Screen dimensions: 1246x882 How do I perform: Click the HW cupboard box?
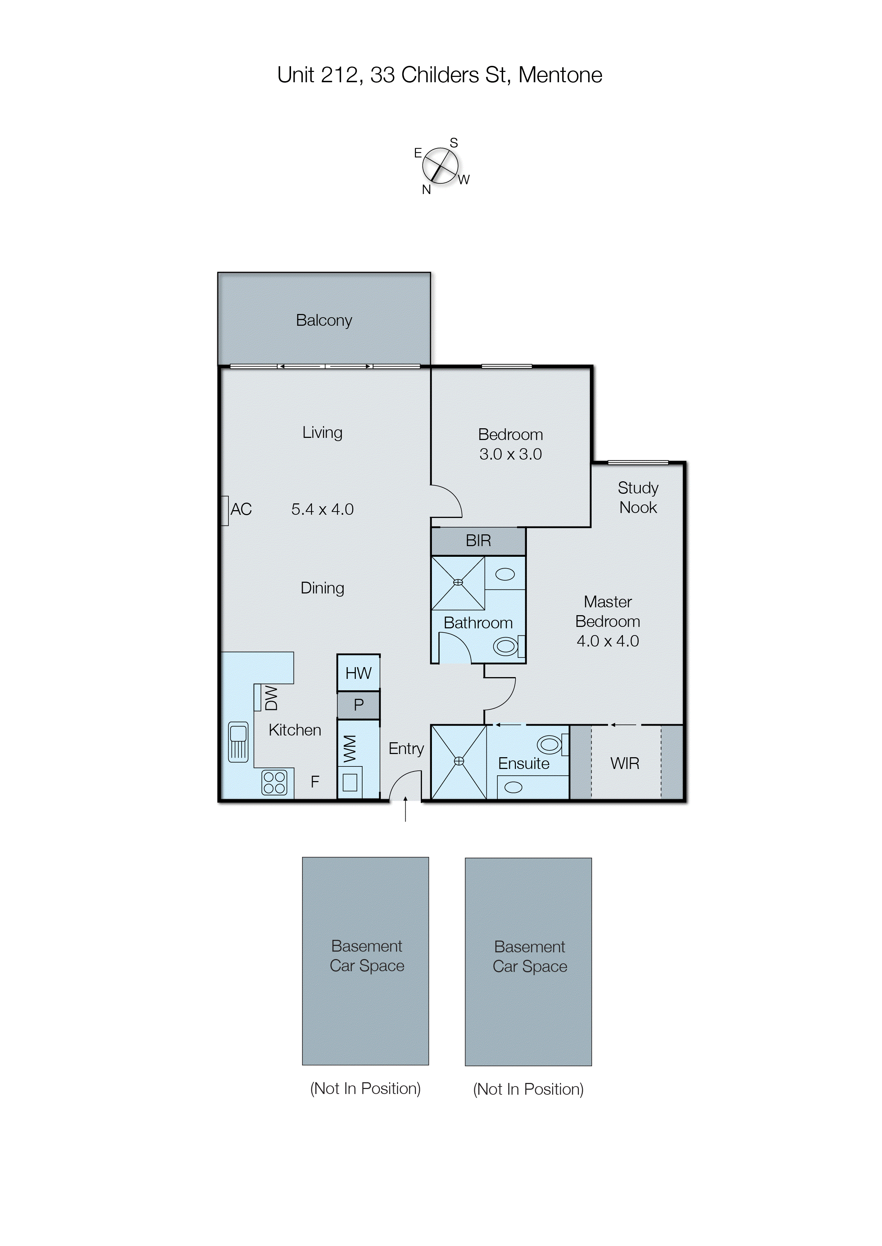(358, 673)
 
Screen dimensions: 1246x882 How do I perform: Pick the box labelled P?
(358, 705)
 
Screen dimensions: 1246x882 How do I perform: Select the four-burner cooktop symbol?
(274, 783)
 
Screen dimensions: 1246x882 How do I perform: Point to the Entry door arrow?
(405, 809)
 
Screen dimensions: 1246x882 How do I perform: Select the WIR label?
(624, 764)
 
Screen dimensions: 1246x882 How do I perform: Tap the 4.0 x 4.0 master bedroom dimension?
(607, 641)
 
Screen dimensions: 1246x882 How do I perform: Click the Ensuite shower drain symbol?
(459, 761)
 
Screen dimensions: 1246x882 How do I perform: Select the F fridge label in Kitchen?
(315, 782)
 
